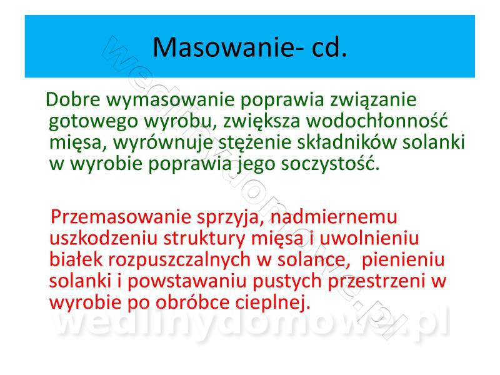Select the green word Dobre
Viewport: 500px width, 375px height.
point(73,99)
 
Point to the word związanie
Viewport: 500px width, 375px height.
point(373,101)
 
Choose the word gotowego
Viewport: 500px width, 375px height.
point(94,122)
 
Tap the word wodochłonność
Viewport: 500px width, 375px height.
point(377,121)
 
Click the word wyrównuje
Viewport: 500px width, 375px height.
point(163,143)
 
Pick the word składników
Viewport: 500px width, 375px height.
point(347,142)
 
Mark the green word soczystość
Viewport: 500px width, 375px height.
point(331,164)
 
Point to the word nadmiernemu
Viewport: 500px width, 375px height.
point(334,217)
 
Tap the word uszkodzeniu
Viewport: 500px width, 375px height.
point(104,238)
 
